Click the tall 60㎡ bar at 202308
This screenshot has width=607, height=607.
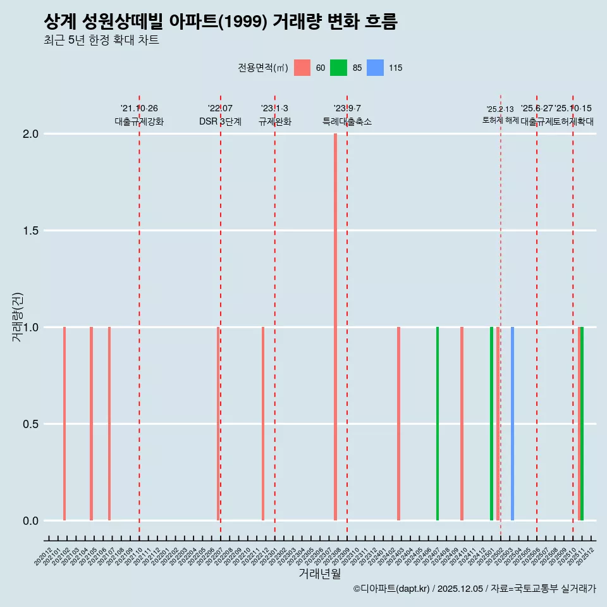click(x=335, y=327)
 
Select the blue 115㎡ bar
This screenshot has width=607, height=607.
click(x=512, y=424)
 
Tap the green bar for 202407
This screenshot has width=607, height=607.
click(x=437, y=424)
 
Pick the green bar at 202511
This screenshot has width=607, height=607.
click(x=582, y=424)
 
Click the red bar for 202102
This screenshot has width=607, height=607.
click(x=64, y=424)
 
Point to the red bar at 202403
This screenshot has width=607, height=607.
click(x=398, y=424)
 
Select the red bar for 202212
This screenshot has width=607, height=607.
click(x=263, y=424)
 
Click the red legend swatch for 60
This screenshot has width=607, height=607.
click(x=302, y=68)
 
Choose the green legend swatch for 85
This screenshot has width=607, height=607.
click(x=338, y=68)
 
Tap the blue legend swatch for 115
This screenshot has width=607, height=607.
click(x=375, y=68)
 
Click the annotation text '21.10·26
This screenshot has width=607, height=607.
click(x=139, y=109)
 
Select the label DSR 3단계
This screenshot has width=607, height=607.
click(x=220, y=122)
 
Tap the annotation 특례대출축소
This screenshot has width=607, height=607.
click(x=347, y=122)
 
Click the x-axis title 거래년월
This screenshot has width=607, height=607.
click(x=319, y=574)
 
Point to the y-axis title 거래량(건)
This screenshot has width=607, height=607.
click(x=18, y=317)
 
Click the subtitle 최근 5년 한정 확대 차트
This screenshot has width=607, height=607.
click(x=101, y=40)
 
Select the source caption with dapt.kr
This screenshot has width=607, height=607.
click(x=474, y=589)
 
